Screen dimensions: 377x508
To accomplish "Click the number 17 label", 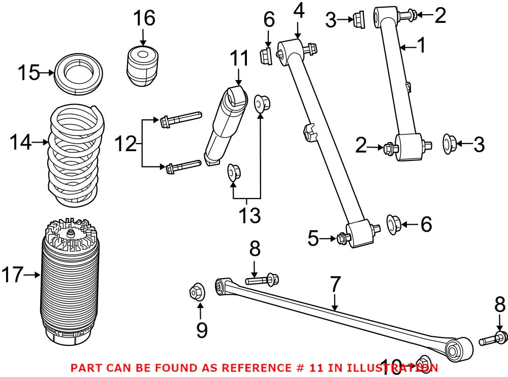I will tap(13, 275).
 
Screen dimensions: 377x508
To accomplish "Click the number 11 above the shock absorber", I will tap(239, 59).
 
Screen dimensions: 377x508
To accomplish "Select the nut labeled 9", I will tap(196, 291).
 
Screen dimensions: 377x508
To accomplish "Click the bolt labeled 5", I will tap(341, 237).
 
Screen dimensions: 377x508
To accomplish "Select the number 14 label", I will tap(20, 144).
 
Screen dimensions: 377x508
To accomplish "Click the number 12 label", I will tap(125, 144).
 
